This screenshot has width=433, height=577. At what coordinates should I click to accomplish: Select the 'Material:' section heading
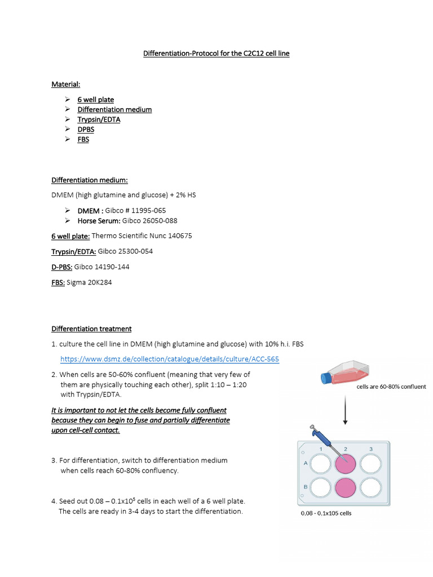[66, 84]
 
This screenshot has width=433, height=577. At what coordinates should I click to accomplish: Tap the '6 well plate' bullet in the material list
[95, 100]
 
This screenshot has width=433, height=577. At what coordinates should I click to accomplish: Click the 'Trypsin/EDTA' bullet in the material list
[99, 119]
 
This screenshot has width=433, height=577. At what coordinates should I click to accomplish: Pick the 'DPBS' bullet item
[86, 130]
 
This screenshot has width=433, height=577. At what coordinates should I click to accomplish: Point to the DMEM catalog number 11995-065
[135, 210]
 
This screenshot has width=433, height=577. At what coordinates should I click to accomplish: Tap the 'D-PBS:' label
[62, 267]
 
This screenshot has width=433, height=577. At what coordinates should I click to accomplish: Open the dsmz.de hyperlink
[170, 359]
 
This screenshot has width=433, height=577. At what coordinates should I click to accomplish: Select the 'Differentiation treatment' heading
[91, 329]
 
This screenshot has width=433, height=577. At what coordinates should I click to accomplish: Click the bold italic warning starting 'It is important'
[140, 420]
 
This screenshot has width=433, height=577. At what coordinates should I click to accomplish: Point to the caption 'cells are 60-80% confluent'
[391, 387]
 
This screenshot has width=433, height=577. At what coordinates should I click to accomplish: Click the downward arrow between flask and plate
[344, 412]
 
